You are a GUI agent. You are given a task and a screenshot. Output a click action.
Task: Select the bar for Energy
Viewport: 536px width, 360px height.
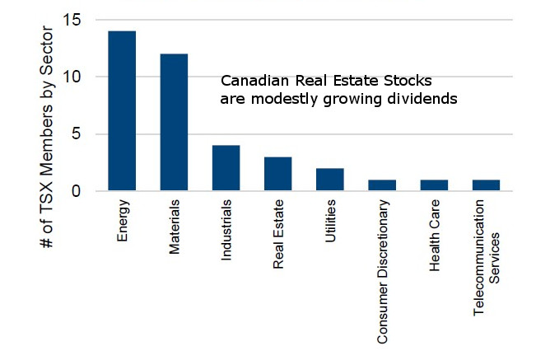122,111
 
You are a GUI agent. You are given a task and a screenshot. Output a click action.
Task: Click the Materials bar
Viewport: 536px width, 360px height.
174,123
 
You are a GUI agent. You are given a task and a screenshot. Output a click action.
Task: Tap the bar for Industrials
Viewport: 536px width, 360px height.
226,168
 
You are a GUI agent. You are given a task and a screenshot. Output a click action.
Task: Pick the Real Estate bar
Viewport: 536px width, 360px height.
277,174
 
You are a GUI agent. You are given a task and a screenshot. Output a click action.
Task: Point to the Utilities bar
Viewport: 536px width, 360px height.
329,180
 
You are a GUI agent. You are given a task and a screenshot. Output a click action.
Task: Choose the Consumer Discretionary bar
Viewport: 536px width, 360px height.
381,185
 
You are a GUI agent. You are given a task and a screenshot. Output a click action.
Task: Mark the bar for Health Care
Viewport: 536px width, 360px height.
433,185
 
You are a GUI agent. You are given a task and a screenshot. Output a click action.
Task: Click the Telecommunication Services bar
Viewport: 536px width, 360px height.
485,185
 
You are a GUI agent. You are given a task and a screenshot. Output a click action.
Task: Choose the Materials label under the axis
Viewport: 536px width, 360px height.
175,230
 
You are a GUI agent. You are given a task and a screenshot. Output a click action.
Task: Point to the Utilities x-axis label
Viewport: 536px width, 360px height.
330,226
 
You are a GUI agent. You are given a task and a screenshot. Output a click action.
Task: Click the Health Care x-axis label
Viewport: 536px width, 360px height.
434,233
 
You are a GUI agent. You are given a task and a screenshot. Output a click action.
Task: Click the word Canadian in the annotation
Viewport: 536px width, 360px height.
249,82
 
